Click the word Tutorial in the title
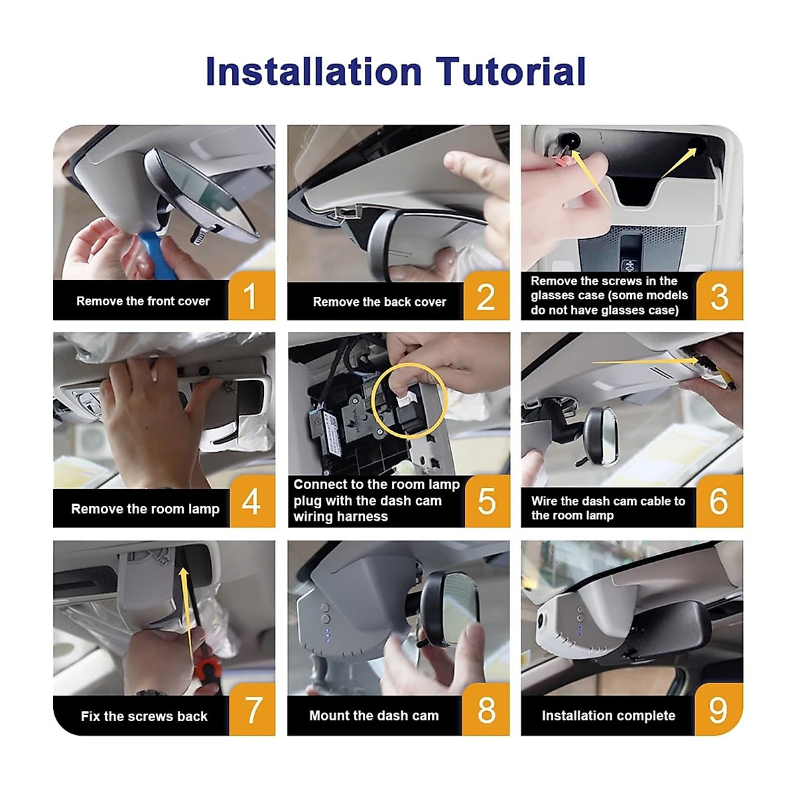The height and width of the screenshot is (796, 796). click(511, 71)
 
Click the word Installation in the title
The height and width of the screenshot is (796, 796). click(314, 71)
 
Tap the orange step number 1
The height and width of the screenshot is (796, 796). click(250, 296)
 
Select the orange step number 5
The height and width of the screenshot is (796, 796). click(486, 501)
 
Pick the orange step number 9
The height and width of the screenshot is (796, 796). click(718, 709)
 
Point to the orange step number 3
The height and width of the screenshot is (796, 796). click(719, 296)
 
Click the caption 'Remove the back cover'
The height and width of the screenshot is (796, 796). click(379, 302)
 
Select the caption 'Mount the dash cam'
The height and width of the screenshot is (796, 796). click(374, 716)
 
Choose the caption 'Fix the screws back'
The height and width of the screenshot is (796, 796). click(144, 716)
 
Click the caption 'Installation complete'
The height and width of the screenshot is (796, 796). click(608, 716)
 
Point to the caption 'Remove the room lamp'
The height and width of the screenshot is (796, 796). click(145, 509)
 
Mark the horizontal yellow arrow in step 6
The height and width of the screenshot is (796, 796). click(645, 362)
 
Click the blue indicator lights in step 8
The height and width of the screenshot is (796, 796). click(328, 635)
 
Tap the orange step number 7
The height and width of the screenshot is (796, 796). click(253, 710)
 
